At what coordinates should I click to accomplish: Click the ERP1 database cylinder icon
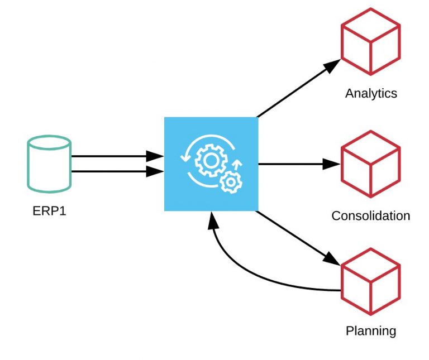[49, 164]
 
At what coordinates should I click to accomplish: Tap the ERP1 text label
[49, 212]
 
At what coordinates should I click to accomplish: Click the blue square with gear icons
[211, 164]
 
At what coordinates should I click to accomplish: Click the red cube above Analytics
[371, 41]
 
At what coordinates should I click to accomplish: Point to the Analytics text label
[371, 93]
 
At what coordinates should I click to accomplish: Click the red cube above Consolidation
[371, 164]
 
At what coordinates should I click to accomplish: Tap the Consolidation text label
[371, 215]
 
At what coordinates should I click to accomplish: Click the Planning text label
[371, 331]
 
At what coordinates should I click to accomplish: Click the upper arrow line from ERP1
[112, 157]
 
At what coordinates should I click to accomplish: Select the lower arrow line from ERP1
[112, 171]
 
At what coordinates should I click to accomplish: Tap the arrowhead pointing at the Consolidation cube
[332, 164]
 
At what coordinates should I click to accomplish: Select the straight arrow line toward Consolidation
[290, 164]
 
